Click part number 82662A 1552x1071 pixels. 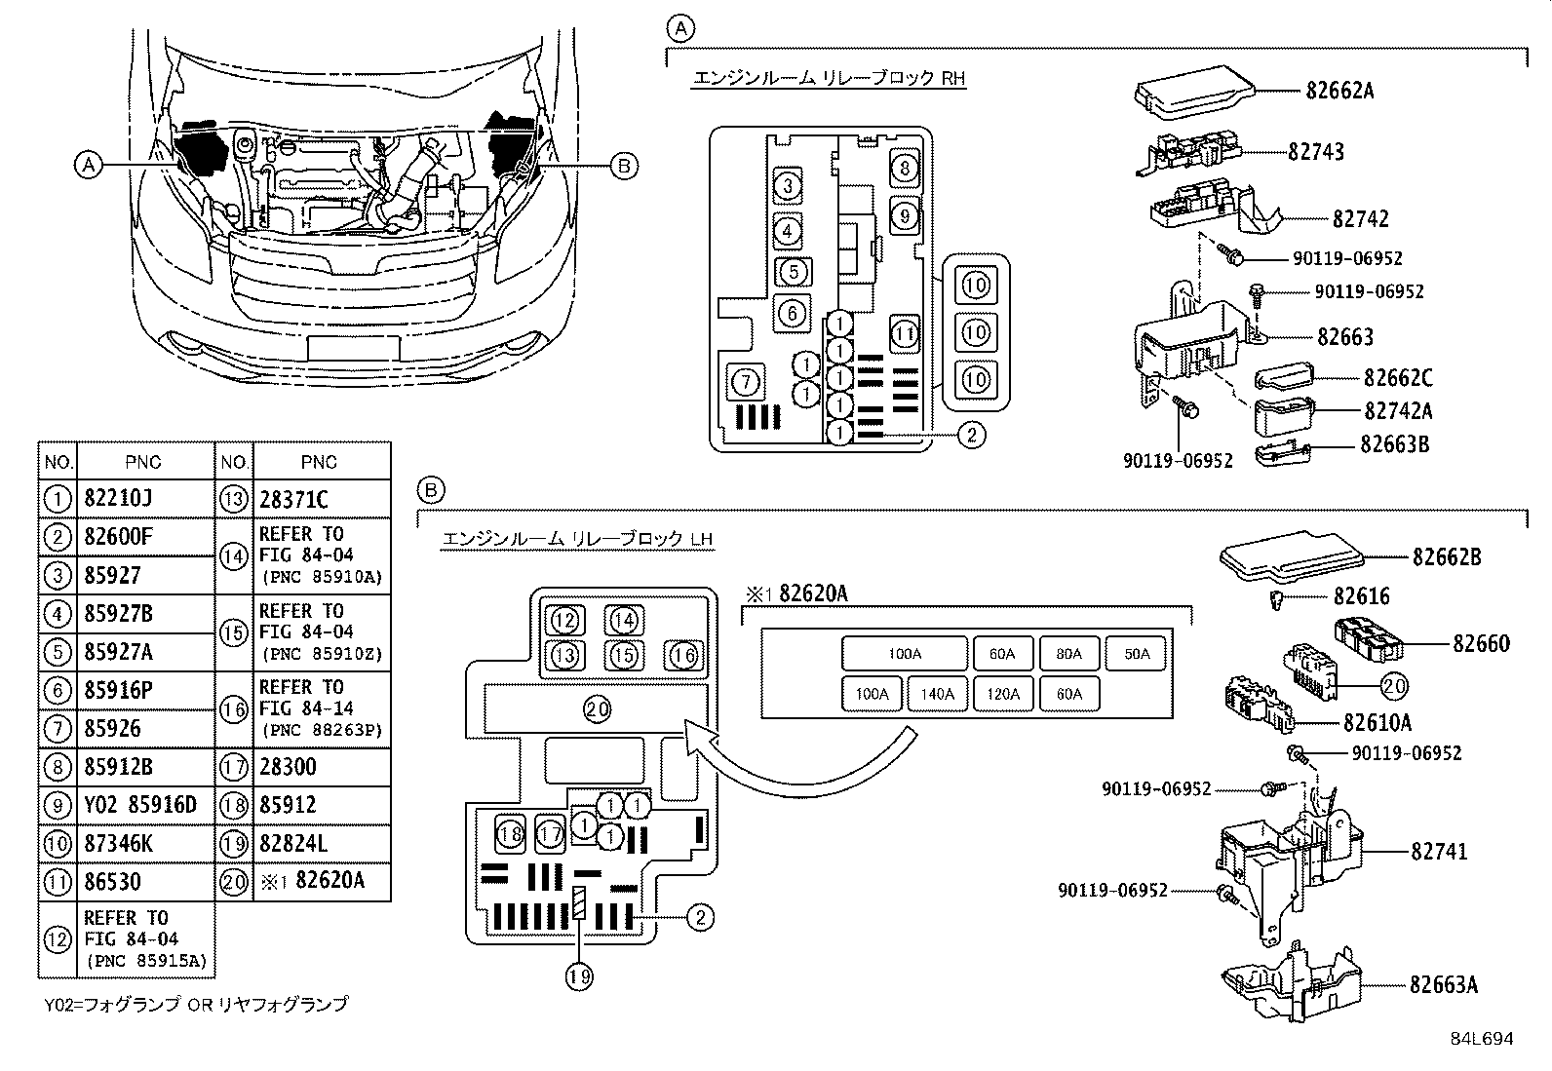pos(1339,91)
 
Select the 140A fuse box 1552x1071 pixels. pos(937,694)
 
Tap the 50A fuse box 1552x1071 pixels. pos(1137,654)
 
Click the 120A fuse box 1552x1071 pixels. pos(1003,694)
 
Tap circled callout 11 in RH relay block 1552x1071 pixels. pos(905,334)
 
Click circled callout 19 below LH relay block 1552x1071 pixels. pos(579,975)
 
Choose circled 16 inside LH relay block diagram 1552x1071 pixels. pos(683,655)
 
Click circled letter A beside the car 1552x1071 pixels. pos(89,165)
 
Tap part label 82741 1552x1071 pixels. pos(1439,852)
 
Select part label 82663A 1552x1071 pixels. pos(1444,984)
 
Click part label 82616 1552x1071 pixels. pos(1361,596)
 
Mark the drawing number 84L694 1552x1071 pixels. pos(1481,1039)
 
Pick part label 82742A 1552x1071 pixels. pos(1397,410)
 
